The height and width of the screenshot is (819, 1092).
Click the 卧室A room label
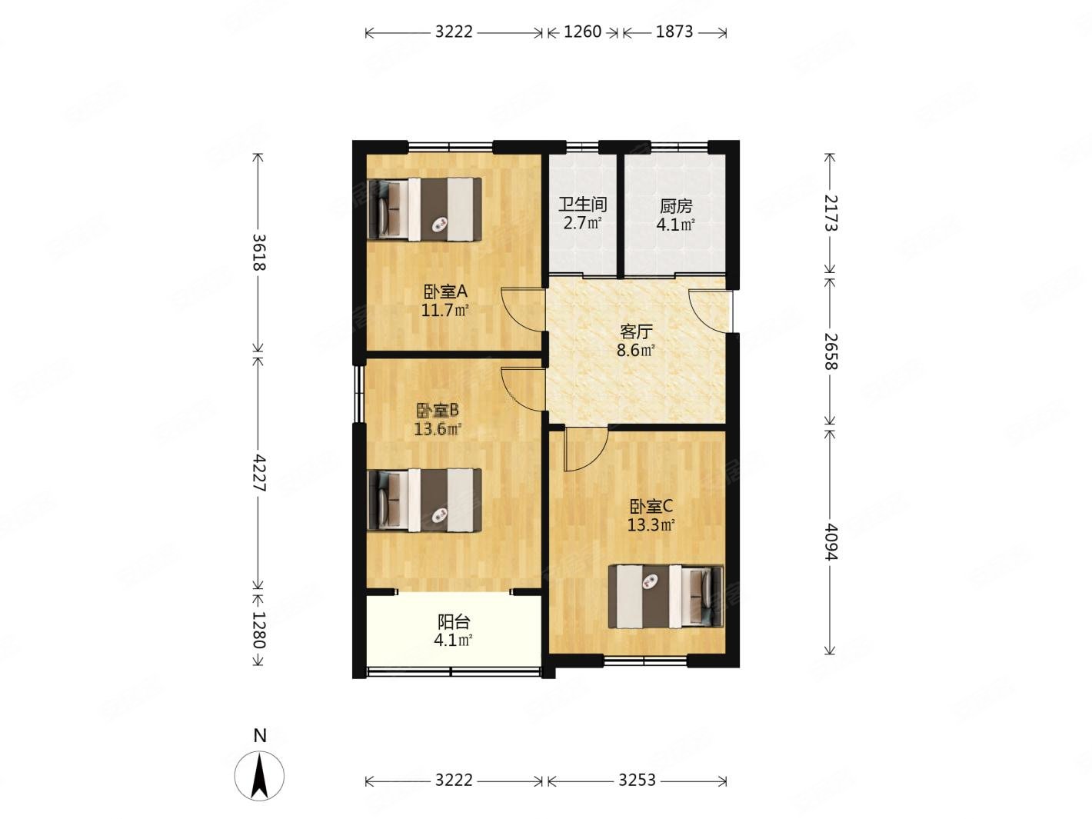pos(444,291)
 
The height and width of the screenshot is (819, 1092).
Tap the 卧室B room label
pos(438,410)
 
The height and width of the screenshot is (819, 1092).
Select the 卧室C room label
pos(651,506)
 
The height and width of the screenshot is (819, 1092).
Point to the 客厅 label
pos(636,331)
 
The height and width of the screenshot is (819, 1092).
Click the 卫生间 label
pos(583,204)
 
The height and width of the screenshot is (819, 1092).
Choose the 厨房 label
pos(676,205)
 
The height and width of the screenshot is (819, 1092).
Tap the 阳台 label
pos(453,621)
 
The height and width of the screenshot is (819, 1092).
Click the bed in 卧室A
pos(424,209)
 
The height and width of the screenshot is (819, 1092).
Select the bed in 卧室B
pos(424,500)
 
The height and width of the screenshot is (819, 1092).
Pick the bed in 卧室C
pos(666,596)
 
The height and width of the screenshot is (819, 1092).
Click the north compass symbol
pos(259,775)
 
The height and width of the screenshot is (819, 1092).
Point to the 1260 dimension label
pos(583,32)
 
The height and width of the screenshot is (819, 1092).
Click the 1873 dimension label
pos(674,32)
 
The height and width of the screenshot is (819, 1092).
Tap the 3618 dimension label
pos(258,252)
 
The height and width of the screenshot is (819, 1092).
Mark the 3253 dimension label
pos(638,781)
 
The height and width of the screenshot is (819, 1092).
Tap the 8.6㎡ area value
pos(636,351)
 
